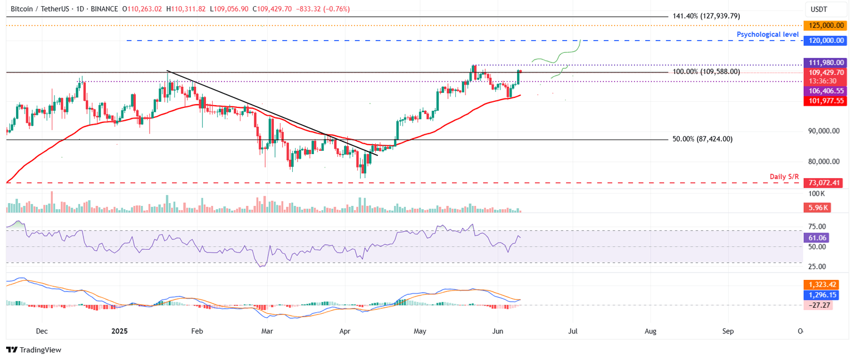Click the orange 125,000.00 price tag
point(823,26)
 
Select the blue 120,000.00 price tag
point(823,41)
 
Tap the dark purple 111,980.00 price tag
point(823,63)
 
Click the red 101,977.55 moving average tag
point(823,101)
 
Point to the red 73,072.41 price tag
point(823,183)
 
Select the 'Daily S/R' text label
point(785,176)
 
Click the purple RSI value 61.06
point(817,238)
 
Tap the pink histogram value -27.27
point(815,305)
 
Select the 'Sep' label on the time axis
point(728,331)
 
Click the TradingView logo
point(33,350)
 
